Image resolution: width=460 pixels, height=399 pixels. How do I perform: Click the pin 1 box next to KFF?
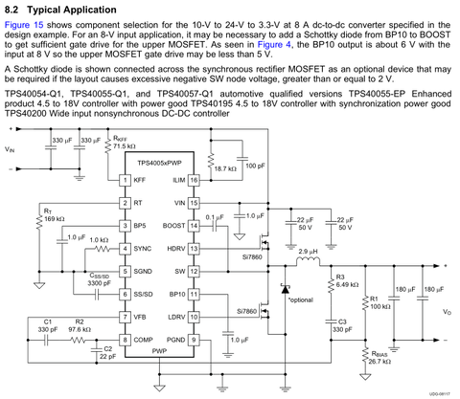(125, 180)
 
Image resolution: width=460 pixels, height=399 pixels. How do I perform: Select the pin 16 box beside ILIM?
(194, 180)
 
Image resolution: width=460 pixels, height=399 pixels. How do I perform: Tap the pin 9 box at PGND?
(194, 340)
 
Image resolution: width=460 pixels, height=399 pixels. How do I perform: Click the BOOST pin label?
(173, 226)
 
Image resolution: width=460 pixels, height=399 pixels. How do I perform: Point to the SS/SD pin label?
(143, 295)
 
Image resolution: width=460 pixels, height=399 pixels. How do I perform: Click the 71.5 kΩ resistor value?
(125, 146)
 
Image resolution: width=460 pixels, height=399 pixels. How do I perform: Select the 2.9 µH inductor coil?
(308, 262)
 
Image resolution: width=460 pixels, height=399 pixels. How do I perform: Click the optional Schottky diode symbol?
(285, 289)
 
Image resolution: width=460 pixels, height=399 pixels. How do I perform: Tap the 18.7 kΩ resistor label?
(225, 168)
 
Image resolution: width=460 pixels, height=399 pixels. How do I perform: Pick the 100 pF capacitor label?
(255, 166)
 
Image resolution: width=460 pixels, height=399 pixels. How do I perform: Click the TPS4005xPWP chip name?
(159, 163)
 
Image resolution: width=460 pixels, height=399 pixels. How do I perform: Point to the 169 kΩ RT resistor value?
(55, 219)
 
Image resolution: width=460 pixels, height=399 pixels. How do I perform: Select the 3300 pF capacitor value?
(100, 283)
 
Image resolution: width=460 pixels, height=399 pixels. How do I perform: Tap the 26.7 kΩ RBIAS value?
(379, 362)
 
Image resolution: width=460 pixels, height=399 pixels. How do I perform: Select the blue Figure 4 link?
(274, 45)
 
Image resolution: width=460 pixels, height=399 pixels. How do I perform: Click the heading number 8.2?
(11, 10)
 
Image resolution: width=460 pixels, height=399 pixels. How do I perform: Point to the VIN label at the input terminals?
(10, 149)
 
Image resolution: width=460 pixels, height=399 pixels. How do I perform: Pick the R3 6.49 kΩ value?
(347, 284)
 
